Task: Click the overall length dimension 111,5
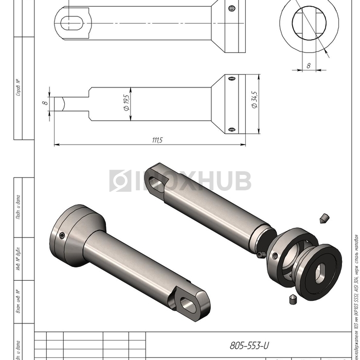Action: [157, 140]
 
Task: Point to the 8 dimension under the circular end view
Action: [308, 65]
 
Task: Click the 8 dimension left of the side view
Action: [45, 103]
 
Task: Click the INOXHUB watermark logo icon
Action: [120, 181]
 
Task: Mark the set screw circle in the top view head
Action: [232, 8]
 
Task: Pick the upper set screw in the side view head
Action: [232, 79]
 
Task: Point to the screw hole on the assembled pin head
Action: [62, 236]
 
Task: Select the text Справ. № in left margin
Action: [18, 88]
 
